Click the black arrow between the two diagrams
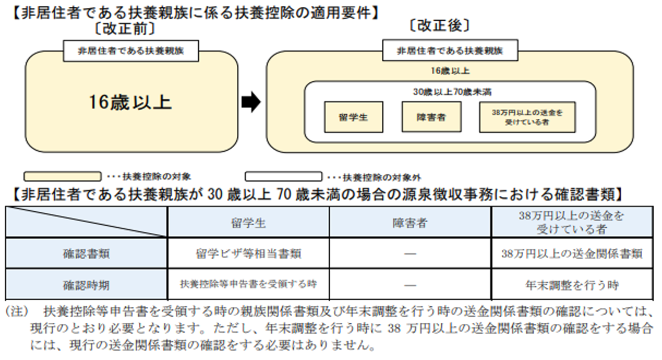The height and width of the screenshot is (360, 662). coord(251,102)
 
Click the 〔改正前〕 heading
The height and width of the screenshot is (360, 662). coord(125,29)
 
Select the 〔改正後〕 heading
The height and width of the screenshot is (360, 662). coord(440,26)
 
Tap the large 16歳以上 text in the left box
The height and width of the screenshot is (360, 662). coord(130,103)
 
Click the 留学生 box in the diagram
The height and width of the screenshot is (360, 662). coord(354,117)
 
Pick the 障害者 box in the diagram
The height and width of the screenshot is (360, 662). coord(431,117)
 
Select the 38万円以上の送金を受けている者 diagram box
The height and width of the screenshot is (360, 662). coord(527,117)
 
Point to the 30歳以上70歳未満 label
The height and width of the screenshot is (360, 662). coord(452,92)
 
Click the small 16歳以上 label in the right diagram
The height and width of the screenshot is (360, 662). coord(450,71)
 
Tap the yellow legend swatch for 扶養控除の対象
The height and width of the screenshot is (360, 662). coord(62,176)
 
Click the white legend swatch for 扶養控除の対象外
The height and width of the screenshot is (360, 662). coord(284,176)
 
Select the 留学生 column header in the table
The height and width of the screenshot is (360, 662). coord(248,223)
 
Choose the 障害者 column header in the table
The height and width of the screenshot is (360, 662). coord(410,223)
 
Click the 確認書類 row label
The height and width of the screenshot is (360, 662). coord(86,254)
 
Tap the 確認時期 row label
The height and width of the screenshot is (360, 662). coord(86,285)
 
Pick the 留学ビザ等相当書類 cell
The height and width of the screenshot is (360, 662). coord(248,254)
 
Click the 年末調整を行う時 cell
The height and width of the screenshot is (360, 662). coord(572,285)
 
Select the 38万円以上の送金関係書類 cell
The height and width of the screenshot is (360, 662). coord(572,254)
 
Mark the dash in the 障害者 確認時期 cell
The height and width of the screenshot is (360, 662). coord(410,285)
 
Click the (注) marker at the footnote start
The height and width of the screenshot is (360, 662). coord(18,311)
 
